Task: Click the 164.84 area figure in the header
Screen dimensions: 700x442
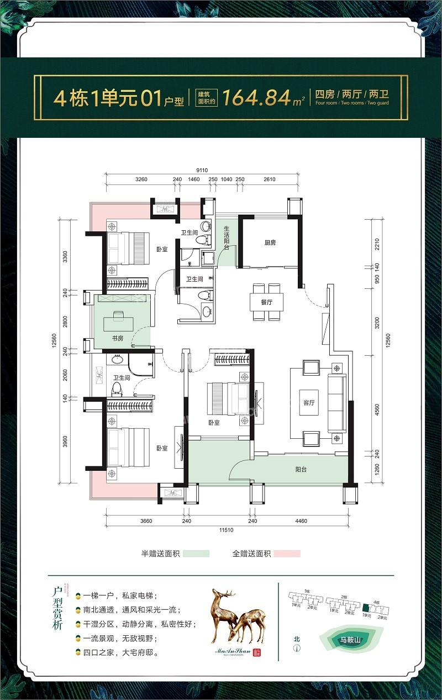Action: (x=257, y=99)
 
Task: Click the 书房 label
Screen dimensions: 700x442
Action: (x=117, y=338)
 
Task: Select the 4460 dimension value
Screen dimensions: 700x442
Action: (x=302, y=521)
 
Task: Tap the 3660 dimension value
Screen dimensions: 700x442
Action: (x=145, y=521)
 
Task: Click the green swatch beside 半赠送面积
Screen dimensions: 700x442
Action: (x=196, y=553)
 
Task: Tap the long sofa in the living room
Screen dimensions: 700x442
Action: (x=336, y=402)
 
